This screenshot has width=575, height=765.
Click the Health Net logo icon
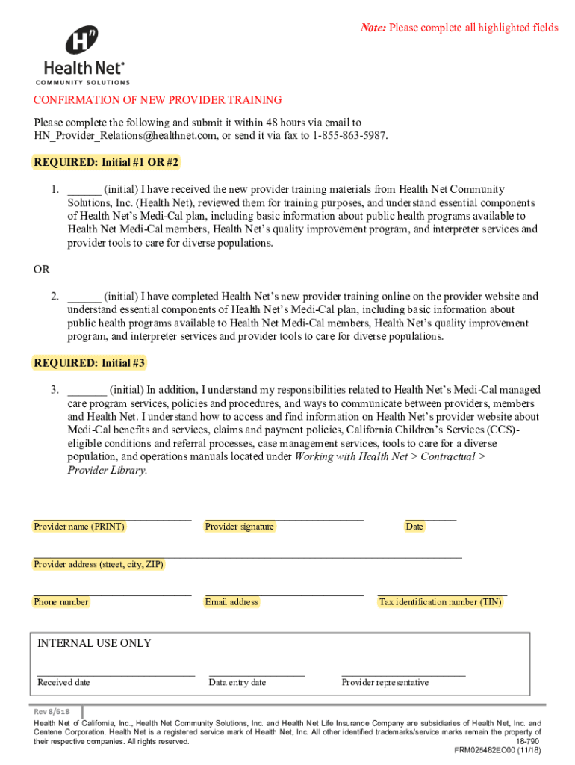click(x=82, y=41)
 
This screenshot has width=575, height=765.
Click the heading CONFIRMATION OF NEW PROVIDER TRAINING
click(x=158, y=100)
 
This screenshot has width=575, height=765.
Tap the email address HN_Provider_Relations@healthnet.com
click(x=119, y=135)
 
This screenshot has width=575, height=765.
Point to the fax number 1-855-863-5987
click(x=349, y=135)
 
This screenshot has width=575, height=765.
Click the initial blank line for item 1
click(x=84, y=190)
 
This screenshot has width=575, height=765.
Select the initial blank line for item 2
click(x=84, y=297)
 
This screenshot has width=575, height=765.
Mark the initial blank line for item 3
click(x=87, y=390)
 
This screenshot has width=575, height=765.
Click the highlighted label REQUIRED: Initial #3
click(x=90, y=364)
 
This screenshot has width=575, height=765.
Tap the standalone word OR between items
click(x=42, y=270)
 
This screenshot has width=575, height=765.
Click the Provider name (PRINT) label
click(x=79, y=527)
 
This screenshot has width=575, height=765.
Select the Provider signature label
click(x=240, y=527)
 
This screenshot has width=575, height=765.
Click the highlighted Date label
click(x=414, y=527)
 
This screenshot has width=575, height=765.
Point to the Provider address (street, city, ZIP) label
click(x=99, y=565)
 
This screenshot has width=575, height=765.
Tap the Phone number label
click(x=61, y=602)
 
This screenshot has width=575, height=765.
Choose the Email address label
click(x=231, y=602)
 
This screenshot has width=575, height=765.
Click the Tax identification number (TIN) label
click(x=441, y=602)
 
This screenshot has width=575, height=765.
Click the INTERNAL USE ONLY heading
click(x=94, y=643)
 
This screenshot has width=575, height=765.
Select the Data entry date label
click(x=237, y=683)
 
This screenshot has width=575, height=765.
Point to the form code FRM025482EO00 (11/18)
click(x=497, y=751)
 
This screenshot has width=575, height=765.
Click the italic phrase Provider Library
click(x=108, y=471)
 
